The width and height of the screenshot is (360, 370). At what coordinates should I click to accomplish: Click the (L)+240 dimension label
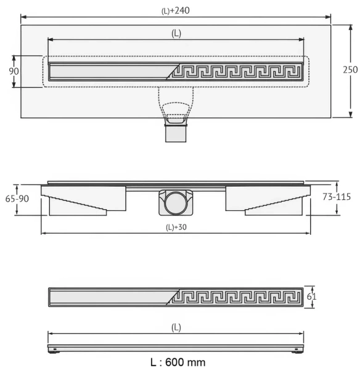click(x=176, y=11)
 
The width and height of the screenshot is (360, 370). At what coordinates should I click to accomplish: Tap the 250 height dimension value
click(x=350, y=70)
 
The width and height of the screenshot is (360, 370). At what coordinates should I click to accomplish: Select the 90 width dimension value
click(x=14, y=71)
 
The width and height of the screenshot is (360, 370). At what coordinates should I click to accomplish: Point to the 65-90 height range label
click(x=17, y=199)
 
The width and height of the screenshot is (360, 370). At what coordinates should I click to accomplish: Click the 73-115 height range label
click(x=337, y=197)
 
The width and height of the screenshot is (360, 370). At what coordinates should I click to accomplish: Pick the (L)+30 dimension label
click(x=176, y=227)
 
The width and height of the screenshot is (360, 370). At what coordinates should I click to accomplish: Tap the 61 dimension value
click(x=311, y=297)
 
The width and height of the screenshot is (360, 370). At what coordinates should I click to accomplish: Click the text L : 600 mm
click(x=178, y=362)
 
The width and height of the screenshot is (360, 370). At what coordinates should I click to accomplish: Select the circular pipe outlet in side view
click(x=176, y=203)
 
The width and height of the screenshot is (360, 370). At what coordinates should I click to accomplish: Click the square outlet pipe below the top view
click(x=176, y=134)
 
